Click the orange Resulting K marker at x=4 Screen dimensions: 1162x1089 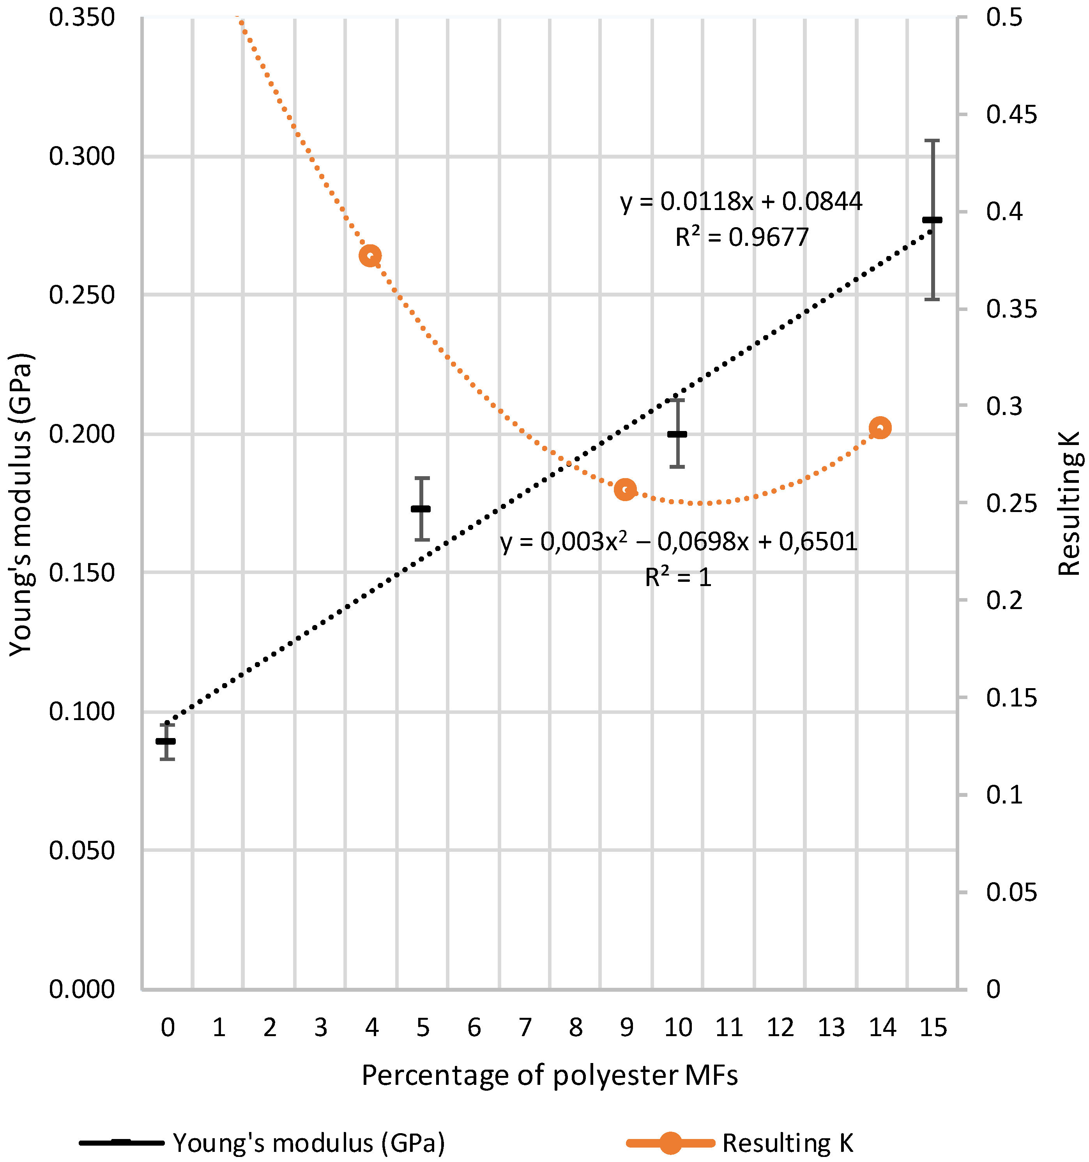coord(370,256)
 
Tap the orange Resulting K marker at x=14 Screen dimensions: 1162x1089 coord(880,428)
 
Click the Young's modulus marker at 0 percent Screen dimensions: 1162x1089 coord(166,741)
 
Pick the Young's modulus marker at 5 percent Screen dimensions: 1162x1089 coord(421,509)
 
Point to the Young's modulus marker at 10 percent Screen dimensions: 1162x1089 coord(677,434)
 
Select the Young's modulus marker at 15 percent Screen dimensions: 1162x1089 coord(932,220)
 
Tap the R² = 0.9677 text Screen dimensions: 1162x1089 coord(742,237)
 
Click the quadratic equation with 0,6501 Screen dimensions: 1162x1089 coord(679,542)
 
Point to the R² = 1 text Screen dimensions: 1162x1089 coord(678,577)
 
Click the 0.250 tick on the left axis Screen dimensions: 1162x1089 coord(82,295)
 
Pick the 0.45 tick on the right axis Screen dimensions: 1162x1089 coord(1011,115)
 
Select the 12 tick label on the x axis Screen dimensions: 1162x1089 coord(780,1027)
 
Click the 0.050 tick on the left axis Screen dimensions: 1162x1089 coord(82,850)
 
